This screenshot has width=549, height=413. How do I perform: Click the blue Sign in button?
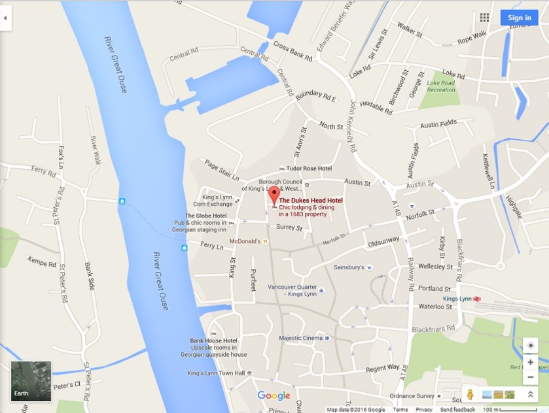point(519,18)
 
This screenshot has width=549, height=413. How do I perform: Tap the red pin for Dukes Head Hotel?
point(274,195)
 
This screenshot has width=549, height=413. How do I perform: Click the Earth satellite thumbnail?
point(31,381)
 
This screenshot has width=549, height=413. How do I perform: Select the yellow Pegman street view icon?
point(469,394)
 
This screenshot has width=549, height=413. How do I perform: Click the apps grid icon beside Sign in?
point(484,18)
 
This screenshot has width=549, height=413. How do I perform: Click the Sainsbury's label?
point(349,267)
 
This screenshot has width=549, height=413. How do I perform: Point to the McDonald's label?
point(245,241)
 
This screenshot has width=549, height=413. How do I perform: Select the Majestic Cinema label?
point(301,338)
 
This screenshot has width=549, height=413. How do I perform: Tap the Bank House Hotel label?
point(213,340)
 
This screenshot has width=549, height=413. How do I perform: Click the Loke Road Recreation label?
point(441,86)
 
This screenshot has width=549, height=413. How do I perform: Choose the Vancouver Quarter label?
point(292,290)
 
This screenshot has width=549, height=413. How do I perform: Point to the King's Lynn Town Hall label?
point(215,373)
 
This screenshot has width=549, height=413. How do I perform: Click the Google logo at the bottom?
point(274,395)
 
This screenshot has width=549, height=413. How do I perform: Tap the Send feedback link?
point(457,410)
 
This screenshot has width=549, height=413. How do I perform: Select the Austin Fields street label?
point(438,124)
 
